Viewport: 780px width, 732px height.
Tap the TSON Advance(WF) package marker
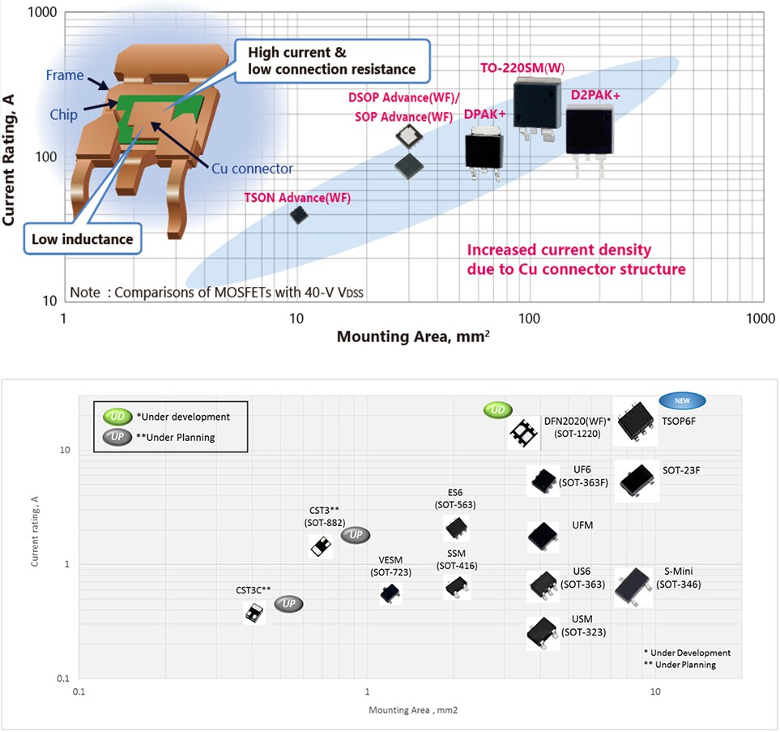pyautogui.click(x=299, y=215)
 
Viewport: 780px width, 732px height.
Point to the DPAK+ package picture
pyautogui.click(x=484, y=149)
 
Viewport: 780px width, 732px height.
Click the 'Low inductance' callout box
pyautogui.click(x=82, y=239)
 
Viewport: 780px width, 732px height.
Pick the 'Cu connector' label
pyautogui.click(x=252, y=169)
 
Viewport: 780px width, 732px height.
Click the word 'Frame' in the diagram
pyautogui.click(x=65, y=75)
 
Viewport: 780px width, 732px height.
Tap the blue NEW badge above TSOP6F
pyautogui.click(x=683, y=400)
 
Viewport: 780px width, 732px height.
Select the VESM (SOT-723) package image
pyautogui.click(x=390, y=593)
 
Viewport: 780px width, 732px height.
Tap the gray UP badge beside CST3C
pyautogui.click(x=288, y=604)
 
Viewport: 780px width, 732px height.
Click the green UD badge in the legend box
pyautogui.click(x=114, y=417)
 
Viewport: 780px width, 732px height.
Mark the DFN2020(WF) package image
pyautogui.click(x=522, y=434)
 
